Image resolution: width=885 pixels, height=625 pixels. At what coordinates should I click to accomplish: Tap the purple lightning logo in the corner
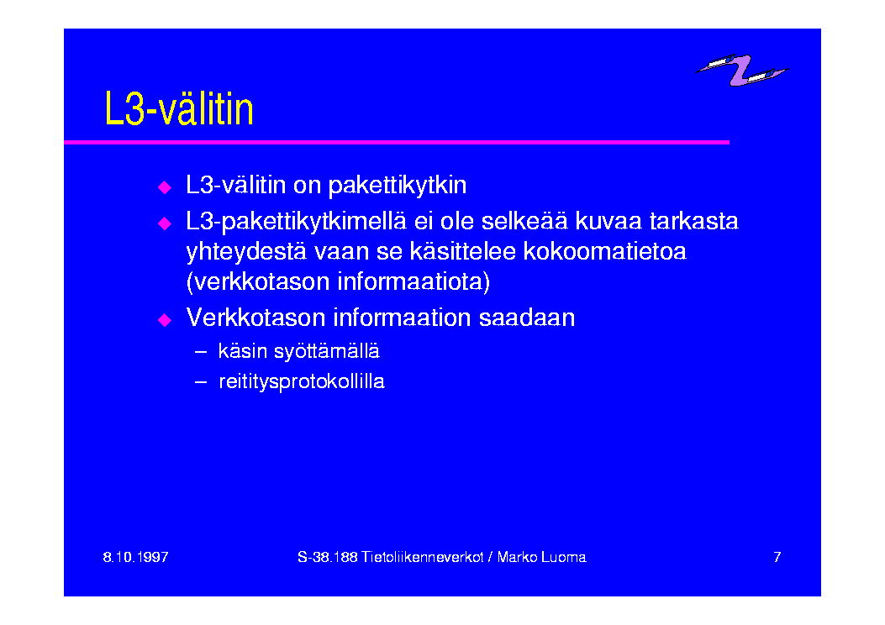click(x=741, y=70)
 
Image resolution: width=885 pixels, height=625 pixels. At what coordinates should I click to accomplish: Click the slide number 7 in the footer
click(x=777, y=557)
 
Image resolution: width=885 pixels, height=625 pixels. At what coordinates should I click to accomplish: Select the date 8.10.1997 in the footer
click(x=135, y=557)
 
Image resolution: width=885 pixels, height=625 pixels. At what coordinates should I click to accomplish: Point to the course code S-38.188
click(x=328, y=557)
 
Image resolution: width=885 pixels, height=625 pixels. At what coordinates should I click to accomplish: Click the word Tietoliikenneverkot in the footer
click(x=422, y=557)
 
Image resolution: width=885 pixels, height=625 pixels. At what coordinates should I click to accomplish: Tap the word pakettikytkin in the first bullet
click(x=398, y=186)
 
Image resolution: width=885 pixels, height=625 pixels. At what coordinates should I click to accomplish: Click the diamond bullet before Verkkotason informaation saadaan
click(x=165, y=320)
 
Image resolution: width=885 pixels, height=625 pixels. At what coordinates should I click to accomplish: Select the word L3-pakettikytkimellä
click(x=296, y=221)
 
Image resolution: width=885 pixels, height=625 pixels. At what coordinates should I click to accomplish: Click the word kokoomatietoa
click(x=604, y=251)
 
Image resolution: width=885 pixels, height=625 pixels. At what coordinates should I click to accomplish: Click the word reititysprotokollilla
click(x=302, y=382)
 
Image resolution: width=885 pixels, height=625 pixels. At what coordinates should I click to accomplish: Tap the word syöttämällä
click(x=327, y=351)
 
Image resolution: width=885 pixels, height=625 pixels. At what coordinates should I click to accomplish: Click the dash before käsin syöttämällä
click(x=201, y=351)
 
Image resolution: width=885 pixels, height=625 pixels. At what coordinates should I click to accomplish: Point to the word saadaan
click(x=527, y=318)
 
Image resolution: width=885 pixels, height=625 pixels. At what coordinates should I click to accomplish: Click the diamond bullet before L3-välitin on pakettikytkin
click(x=165, y=187)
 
